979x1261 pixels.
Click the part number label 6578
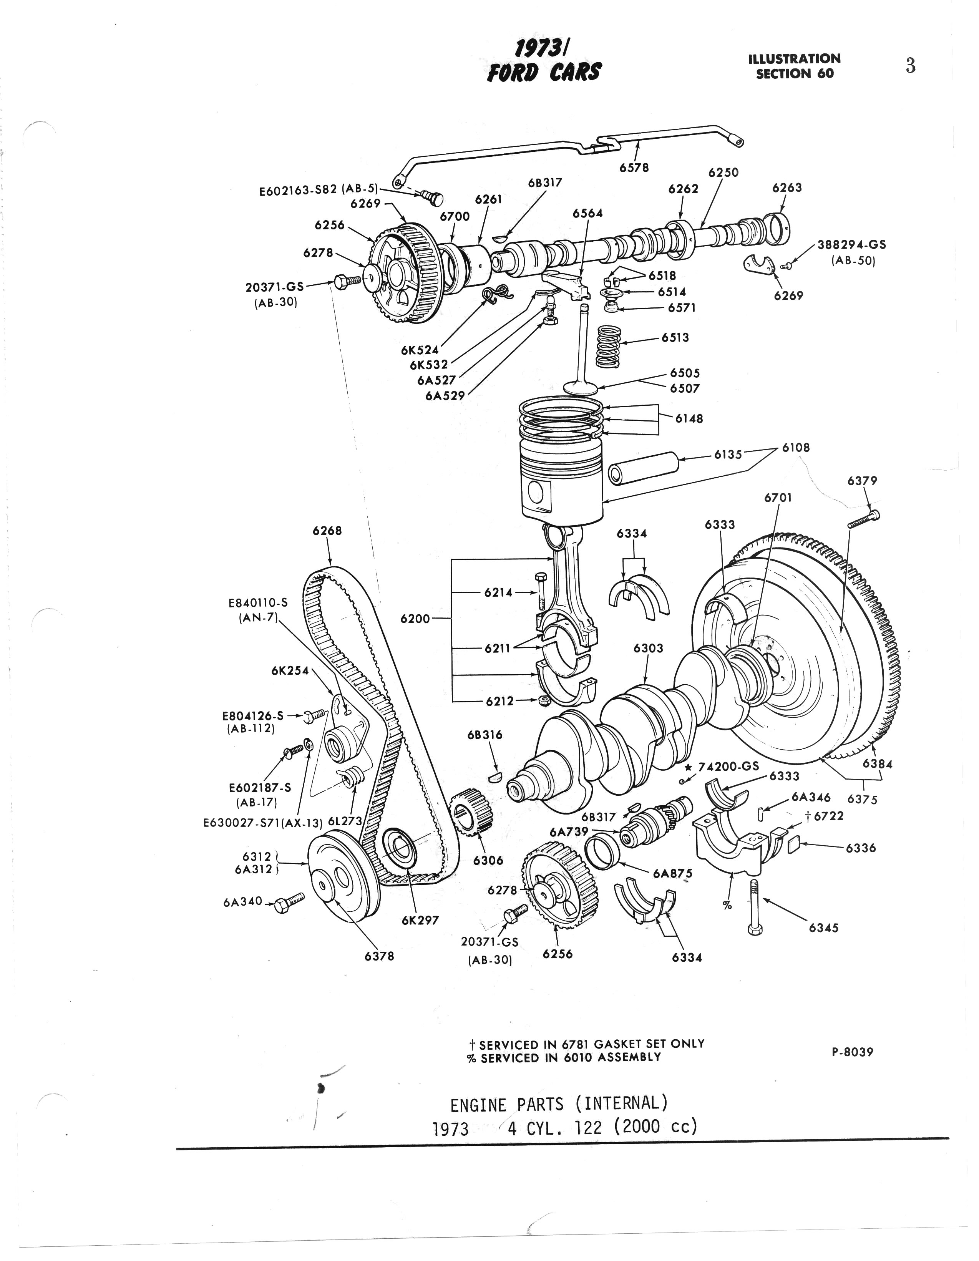(634, 168)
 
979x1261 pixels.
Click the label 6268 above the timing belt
(327, 530)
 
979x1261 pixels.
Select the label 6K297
(420, 920)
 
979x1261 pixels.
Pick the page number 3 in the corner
(910, 66)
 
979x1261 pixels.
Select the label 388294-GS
(851, 244)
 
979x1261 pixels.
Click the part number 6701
(778, 498)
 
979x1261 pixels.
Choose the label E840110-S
(258, 602)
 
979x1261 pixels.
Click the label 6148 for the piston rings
(689, 418)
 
